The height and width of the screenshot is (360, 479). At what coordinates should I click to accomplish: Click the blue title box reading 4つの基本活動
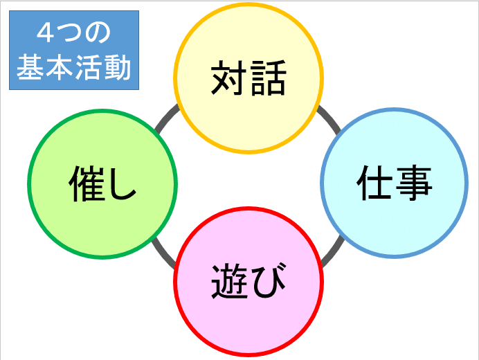(74, 50)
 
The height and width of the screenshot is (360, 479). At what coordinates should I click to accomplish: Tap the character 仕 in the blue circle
(375, 183)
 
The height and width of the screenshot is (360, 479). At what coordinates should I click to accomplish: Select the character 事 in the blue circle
(414, 183)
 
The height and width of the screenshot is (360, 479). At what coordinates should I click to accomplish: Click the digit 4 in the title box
(44, 32)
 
